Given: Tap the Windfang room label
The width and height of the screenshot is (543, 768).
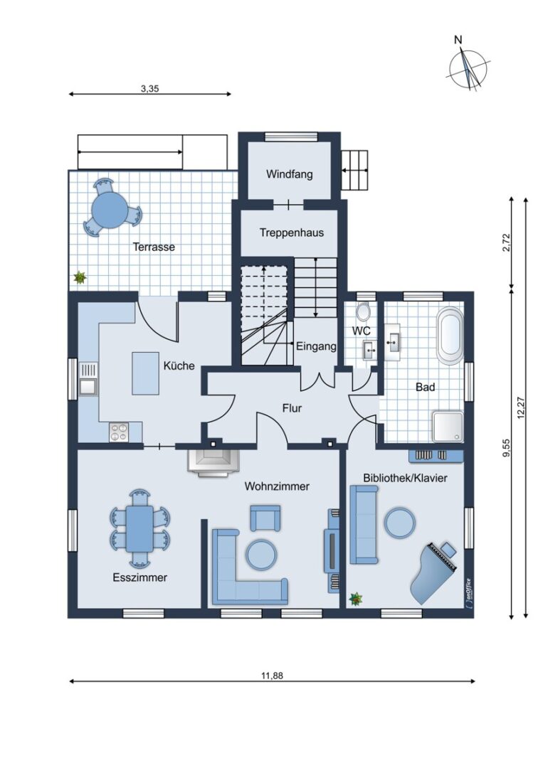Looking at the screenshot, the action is [x=289, y=174].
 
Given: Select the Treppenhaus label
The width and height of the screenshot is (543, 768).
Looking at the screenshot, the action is [x=292, y=233].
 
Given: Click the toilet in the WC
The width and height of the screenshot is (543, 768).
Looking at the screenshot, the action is [x=363, y=311].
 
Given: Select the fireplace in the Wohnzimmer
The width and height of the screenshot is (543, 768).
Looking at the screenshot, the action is [x=212, y=462].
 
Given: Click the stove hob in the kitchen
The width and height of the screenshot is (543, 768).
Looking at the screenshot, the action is [x=119, y=432].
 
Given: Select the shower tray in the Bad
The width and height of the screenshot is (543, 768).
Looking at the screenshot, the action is [x=448, y=427].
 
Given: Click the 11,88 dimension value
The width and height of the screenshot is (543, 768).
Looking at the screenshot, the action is [x=272, y=676].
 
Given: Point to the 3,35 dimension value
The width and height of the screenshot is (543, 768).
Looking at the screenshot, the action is [x=150, y=89].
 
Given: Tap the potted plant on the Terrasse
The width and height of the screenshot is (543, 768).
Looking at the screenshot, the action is [x=80, y=278].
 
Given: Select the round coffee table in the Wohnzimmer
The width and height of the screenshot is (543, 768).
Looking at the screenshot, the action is [x=261, y=555].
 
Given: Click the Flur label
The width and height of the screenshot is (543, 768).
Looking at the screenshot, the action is [x=292, y=408].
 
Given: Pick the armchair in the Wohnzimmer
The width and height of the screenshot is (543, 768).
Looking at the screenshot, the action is [x=265, y=518].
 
